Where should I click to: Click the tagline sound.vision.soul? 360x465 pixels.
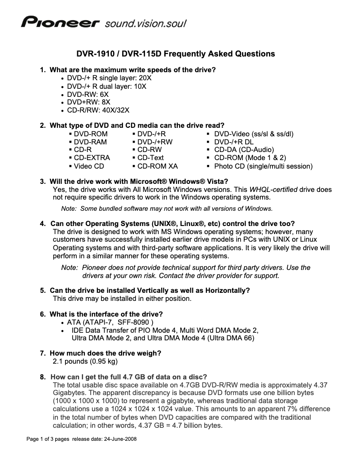click(145, 23)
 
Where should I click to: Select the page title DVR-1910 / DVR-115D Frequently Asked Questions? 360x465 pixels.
click(175, 54)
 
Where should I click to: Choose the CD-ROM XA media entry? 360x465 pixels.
click(157, 166)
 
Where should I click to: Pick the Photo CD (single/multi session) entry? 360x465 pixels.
click(263, 166)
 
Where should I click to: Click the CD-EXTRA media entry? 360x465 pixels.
click(92, 158)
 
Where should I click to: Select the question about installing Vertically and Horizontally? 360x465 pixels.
click(149, 291)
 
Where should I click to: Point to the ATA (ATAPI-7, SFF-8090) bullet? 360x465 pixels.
click(110, 322)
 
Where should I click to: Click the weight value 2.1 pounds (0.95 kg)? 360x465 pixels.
click(85, 361)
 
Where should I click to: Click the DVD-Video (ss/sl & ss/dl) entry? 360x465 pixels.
click(254, 134)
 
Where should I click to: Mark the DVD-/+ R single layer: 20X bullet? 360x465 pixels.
click(109, 78)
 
